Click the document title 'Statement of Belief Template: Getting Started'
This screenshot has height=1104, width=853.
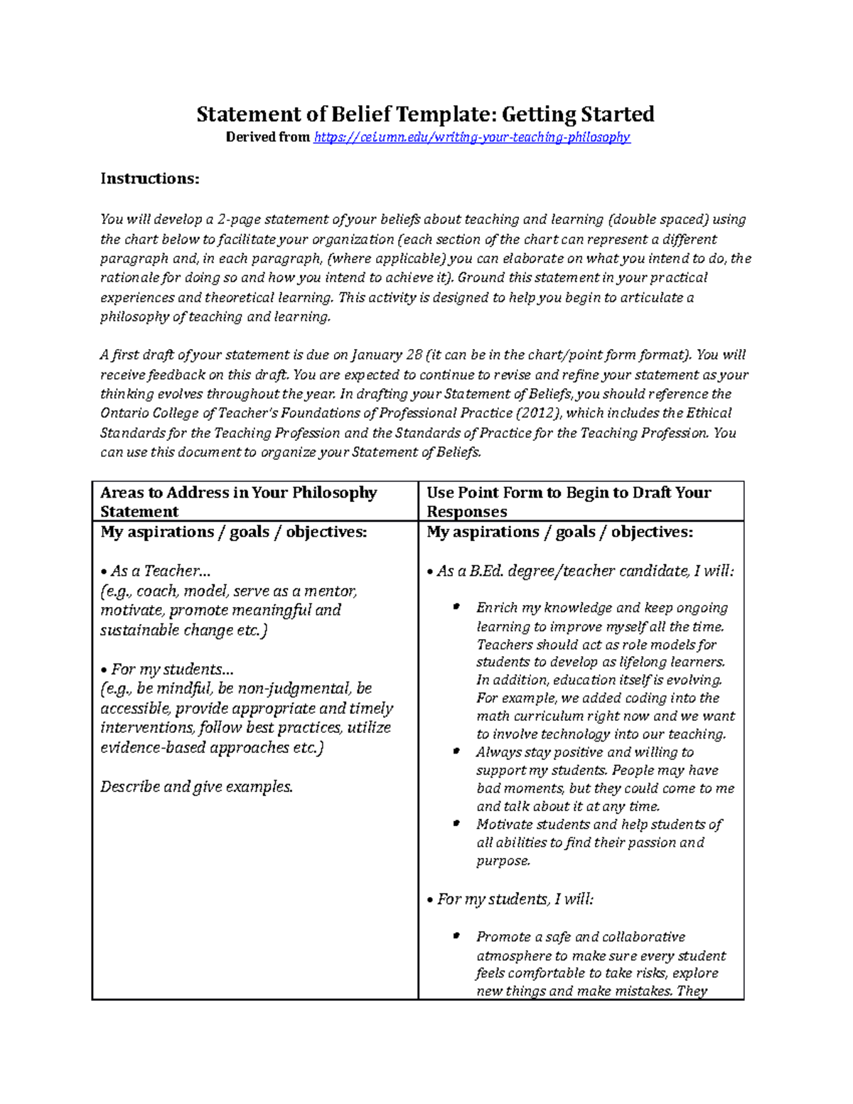click(425, 114)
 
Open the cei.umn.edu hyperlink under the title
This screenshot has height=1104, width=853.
click(471, 137)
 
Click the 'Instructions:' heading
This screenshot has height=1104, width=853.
click(149, 178)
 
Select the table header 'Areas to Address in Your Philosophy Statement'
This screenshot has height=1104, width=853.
click(238, 502)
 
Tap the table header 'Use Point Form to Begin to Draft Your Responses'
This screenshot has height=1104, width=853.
click(568, 502)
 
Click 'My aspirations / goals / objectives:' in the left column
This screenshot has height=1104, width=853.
click(234, 532)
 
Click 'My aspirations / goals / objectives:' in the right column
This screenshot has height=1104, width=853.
click(559, 532)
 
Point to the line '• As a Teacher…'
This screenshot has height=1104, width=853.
click(156, 571)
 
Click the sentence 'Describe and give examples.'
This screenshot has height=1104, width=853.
click(196, 787)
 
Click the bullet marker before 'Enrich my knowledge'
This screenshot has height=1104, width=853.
click(456, 607)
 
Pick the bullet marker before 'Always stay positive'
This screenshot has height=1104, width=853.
click(456, 751)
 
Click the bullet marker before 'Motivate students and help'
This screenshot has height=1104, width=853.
click(456, 824)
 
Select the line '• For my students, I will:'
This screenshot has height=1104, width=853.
click(510, 899)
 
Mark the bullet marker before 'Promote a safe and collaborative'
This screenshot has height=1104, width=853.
click(456, 936)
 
